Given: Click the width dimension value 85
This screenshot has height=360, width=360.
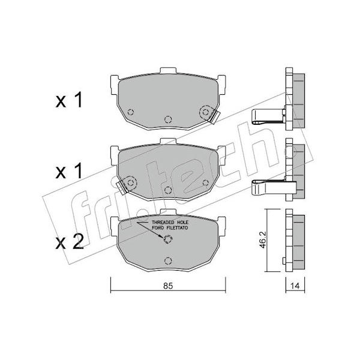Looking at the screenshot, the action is (x=168, y=286).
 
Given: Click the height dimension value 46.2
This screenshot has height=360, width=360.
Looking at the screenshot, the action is (x=263, y=239).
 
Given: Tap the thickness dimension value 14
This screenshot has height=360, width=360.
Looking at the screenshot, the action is (x=295, y=286).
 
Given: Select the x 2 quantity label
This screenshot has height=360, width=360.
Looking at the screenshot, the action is (x=70, y=242).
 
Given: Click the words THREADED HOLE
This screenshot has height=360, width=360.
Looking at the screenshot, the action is (x=170, y=222).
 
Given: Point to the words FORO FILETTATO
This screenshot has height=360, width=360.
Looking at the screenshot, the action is (x=170, y=228).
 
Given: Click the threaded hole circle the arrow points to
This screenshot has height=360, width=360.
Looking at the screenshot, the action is (x=168, y=239).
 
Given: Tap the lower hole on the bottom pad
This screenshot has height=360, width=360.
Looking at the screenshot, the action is (x=168, y=261).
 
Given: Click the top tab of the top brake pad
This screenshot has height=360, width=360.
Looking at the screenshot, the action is (x=168, y=70).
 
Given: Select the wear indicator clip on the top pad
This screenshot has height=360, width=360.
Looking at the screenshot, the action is (x=215, y=116).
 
